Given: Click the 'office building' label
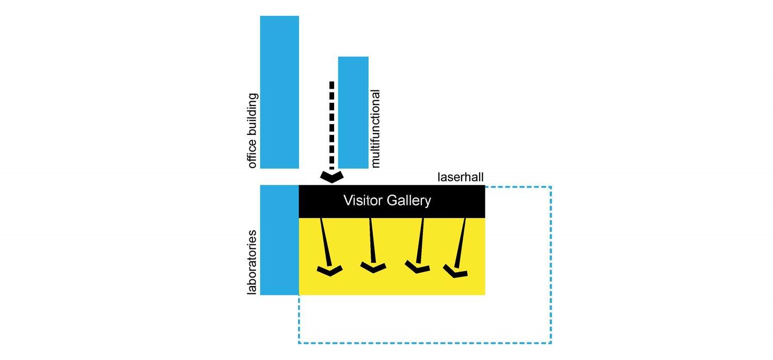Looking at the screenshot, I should [x=253, y=131].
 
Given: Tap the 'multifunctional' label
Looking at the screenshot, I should [x=375, y=129].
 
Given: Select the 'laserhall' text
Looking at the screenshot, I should [x=460, y=178].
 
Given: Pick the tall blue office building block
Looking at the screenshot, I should [x=279, y=92].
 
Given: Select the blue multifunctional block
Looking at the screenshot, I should [x=353, y=112].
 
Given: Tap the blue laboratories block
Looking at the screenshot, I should [x=279, y=240].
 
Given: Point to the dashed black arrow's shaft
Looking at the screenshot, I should [x=332, y=124].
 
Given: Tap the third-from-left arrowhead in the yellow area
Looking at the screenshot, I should [x=417, y=267].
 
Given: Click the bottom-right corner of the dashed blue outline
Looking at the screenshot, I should [x=551, y=343].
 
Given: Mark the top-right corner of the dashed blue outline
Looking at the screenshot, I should [x=551, y=186].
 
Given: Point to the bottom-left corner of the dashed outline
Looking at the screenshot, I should [x=299, y=343].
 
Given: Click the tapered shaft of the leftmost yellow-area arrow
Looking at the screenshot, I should [x=325, y=240].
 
